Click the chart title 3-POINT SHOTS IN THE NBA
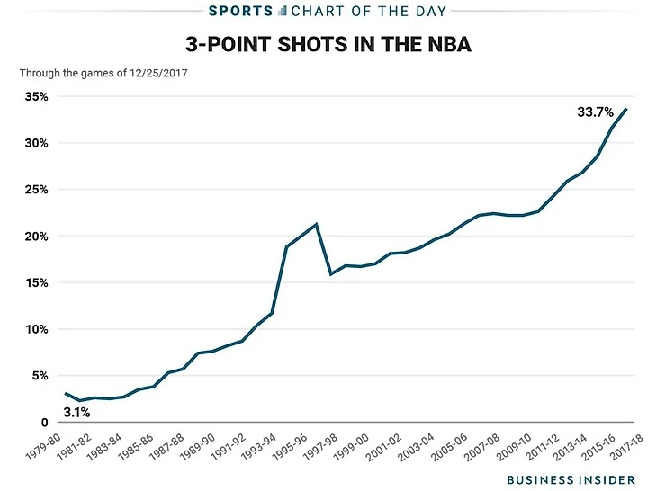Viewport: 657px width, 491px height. coord(328,44)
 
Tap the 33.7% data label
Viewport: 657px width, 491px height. coord(595,112)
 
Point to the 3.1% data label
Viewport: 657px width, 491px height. coord(77,414)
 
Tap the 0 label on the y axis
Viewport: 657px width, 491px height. coord(45,423)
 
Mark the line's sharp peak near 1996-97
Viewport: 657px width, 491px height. coord(316,224)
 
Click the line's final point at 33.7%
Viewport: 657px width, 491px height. coord(627,109)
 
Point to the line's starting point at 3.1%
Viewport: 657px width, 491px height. coord(66,393)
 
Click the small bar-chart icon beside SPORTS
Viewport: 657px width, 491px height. coord(282,11)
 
